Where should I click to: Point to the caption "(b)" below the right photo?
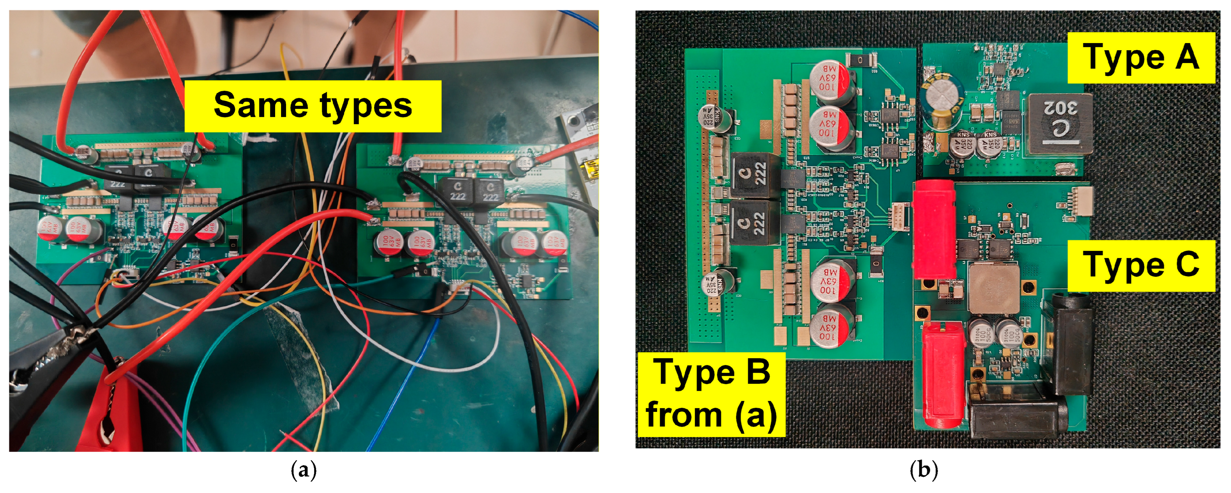click(924, 471)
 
